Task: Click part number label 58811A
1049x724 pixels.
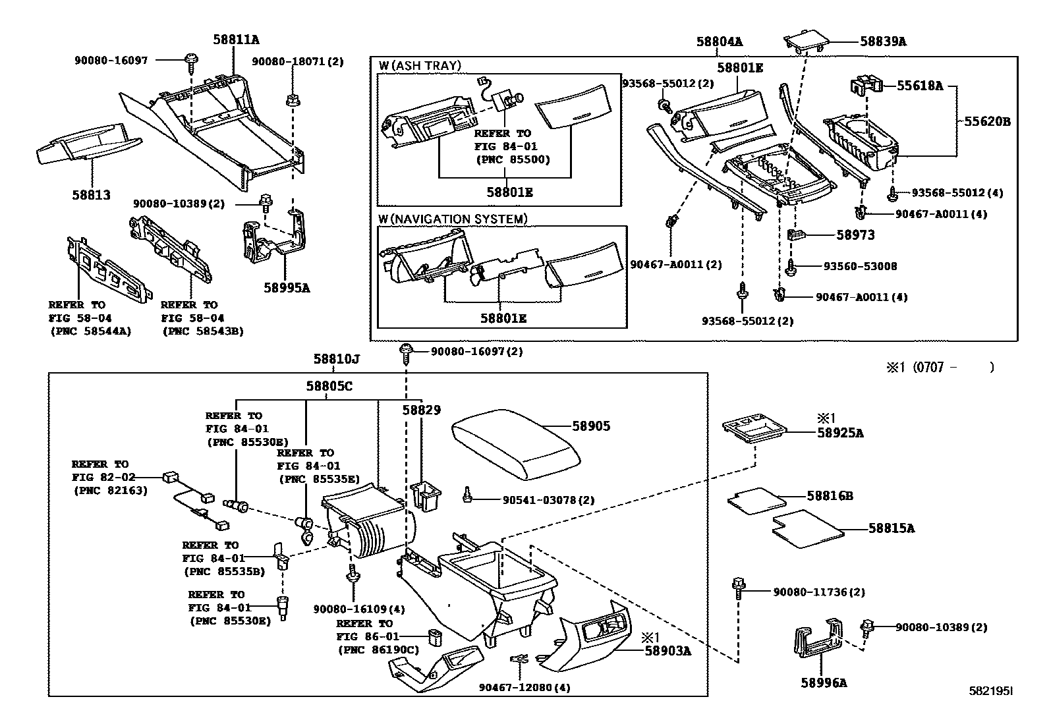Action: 235,40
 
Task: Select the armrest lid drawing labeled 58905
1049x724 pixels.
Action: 514,445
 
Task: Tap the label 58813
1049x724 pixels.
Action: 91,196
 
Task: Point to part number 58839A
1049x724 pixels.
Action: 883,42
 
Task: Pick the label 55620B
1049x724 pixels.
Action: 987,121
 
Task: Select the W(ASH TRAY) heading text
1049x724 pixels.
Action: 420,65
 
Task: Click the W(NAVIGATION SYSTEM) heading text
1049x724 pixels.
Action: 453,219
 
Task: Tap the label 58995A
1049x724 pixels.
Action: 287,288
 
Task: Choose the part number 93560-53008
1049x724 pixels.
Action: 860,266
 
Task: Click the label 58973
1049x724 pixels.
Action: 855,235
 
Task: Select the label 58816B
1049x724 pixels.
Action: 830,495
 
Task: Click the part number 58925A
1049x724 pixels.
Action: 840,433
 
